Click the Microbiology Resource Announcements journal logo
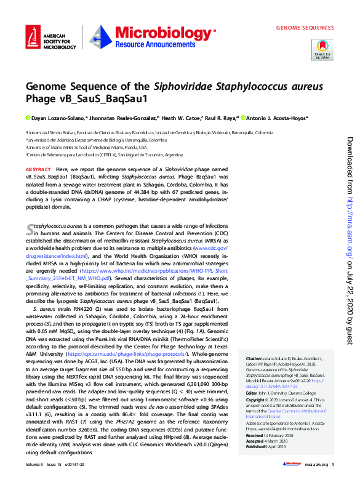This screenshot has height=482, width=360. click(153, 38)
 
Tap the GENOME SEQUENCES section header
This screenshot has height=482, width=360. click(305, 28)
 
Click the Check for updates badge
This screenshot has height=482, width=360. click(322, 49)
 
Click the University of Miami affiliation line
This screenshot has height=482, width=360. click(86, 148)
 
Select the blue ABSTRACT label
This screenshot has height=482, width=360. click(38, 169)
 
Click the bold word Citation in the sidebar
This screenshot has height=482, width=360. click(254, 358)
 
